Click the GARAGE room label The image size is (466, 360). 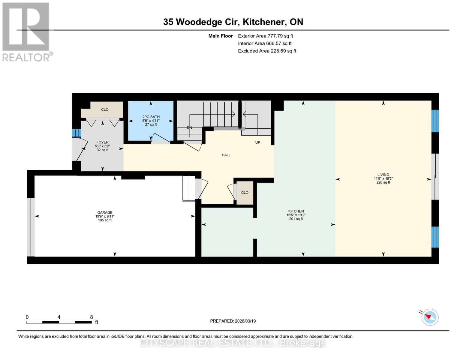(105, 212)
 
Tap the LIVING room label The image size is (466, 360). (383, 175)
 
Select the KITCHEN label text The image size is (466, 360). (296, 211)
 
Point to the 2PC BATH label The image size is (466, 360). (151, 117)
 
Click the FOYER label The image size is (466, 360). (102, 142)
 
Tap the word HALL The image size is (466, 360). (226, 155)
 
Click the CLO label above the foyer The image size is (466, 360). (105, 109)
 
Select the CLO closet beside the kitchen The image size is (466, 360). (245, 193)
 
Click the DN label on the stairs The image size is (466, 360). (189, 127)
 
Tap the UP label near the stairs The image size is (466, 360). (257, 142)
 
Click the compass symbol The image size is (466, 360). (430, 317)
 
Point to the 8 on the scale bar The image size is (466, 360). (92, 317)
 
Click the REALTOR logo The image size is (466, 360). (26, 31)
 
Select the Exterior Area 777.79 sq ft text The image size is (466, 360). (265, 36)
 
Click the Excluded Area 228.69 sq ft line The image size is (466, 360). (267, 51)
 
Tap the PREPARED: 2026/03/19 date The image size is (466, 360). (233, 321)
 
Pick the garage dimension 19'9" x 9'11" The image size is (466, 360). (105, 216)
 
